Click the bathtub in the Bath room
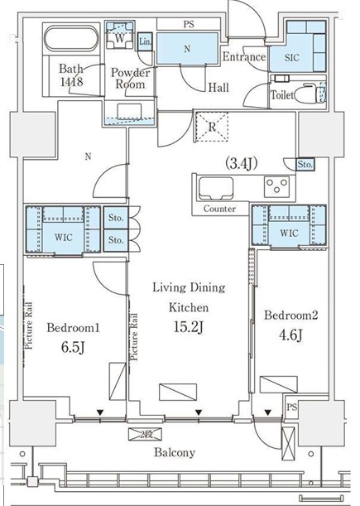click(x=71, y=38)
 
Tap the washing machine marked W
click(x=119, y=38)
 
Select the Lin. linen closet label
click(x=145, y=41)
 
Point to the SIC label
click(x=291, y=57)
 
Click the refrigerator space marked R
click(x=212, y=127)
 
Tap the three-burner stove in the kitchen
click(x=276, y=186)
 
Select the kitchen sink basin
click(x=216, y=188)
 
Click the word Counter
click(x=219, y=209)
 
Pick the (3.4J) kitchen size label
click(x=242, y=164)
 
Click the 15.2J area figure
click(x=188, y=327)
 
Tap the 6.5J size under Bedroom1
click(x=73, y=347)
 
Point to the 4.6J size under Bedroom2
click(x=290, y=335)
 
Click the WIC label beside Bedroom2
click(x=289, y=233)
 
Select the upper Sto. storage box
click(x=116, y=218)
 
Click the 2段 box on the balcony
click(x=145, y=434)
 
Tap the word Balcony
click(x=175, y=452)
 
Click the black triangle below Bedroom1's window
click(x=100, y=412)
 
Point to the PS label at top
click(x=189, y=24)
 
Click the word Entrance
click(x=244, y=57)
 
